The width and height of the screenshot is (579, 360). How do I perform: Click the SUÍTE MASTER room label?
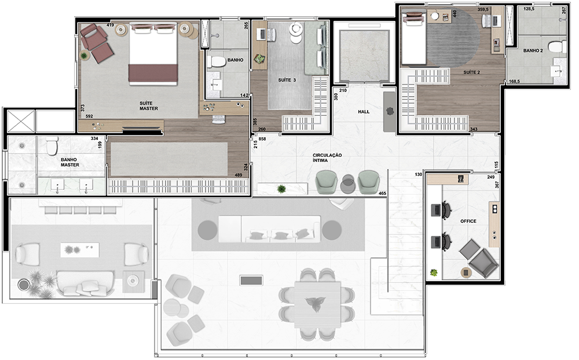click(148, 106)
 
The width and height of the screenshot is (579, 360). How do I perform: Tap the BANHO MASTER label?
click(70, 163)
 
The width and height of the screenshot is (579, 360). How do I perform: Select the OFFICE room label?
click(468, 221)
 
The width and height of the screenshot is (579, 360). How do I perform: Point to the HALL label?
click(364, 112)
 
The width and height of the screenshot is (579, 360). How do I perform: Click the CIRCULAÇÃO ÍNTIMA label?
click(327, 157)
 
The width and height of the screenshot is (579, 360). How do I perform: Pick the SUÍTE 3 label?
click(287, 80)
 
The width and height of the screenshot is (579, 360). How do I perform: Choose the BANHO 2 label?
click(533, 50)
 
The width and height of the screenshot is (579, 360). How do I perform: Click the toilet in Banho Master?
click(52, 146)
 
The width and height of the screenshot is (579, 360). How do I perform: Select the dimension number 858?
click(262, 139)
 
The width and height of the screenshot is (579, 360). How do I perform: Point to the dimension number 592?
click(89, 116)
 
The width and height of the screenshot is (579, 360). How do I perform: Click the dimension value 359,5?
click(483, 10)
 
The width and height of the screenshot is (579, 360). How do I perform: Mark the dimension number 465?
click(382, 193)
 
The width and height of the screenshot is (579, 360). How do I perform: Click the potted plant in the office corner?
click(434, 273)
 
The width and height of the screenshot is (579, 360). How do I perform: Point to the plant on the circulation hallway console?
click(281, 189)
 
